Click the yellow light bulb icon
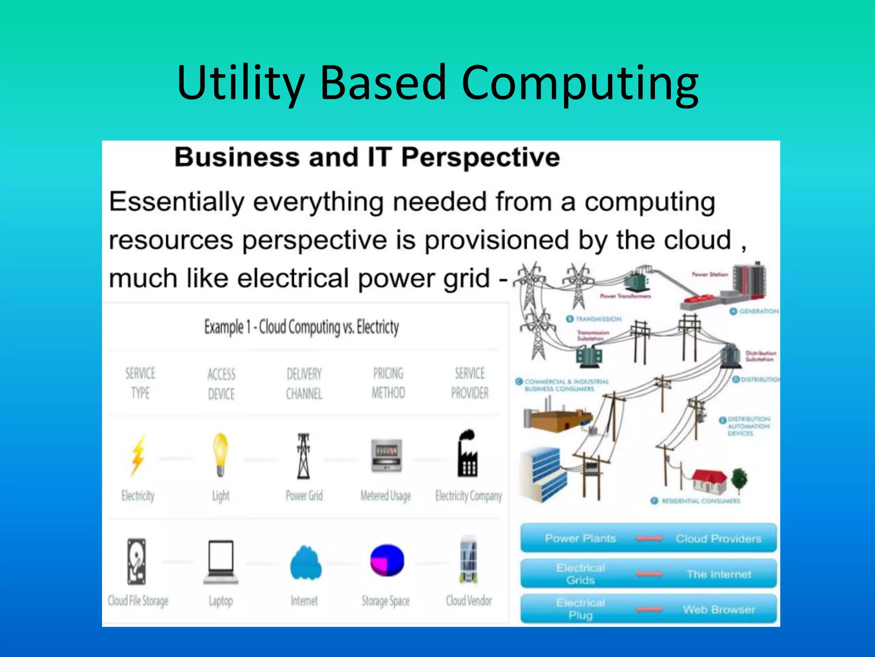click(x=220, y=454)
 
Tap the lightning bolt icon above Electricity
click(x=138, y=456)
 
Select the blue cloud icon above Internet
click(x=305, y=562)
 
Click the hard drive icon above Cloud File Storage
click(x=137, y=561)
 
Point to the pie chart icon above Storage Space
click(x=387, y=560)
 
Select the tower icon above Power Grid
click(x=304, y=456)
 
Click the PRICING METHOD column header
click(x=388, y=383)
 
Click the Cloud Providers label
click(x=718, y=539)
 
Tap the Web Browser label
click(x=719, y=609)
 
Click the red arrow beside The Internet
click(x=649, y=574)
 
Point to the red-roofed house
click(x=709, y=481)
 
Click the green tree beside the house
click(x=740, y=479)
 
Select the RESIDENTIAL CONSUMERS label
click(x=701, y=501)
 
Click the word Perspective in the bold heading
click(x=480, y=157)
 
